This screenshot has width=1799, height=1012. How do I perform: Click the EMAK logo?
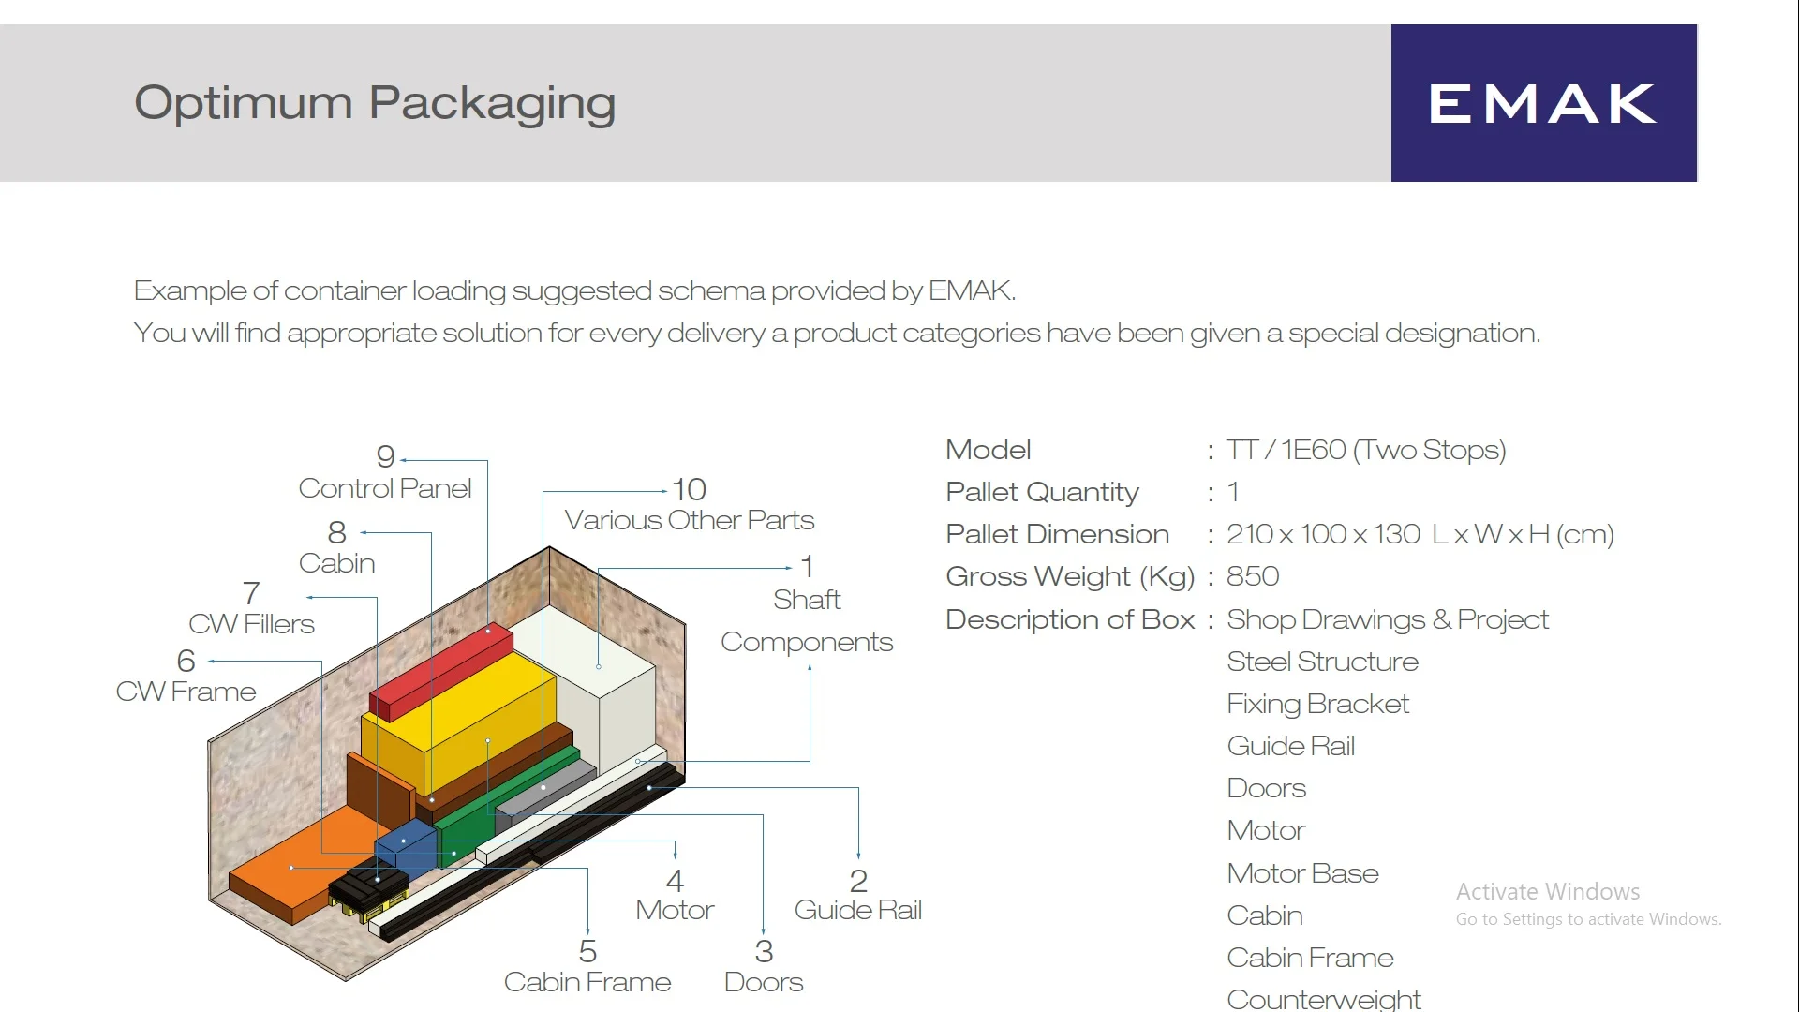pos(1543,103)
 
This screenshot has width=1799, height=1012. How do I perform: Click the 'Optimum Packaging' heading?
pos(375,103)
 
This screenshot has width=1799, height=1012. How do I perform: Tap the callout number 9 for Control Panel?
pos(385,456)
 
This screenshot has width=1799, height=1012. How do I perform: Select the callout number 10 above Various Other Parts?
pos(689,489)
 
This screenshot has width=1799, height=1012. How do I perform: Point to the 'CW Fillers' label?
pos(251,624)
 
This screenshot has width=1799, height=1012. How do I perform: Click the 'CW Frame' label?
pos(186,692)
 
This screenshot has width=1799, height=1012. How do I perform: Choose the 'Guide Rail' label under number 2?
pos(858,910)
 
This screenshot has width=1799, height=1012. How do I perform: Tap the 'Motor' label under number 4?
pos(675,910)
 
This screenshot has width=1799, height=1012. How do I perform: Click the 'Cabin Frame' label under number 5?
pos(587,982)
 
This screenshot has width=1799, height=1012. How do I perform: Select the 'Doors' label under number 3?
pos(764,982)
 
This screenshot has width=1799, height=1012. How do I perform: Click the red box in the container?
pos(441,671)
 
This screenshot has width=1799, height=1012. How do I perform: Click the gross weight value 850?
pos(1253,576)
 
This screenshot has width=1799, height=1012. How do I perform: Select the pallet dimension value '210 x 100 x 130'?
pos(1323,534)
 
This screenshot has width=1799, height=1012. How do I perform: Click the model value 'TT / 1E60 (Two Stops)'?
pos(1366,451)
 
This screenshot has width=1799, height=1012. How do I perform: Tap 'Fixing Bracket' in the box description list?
pos(1317,704)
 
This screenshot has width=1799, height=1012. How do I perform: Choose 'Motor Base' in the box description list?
pos(1302,873)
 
